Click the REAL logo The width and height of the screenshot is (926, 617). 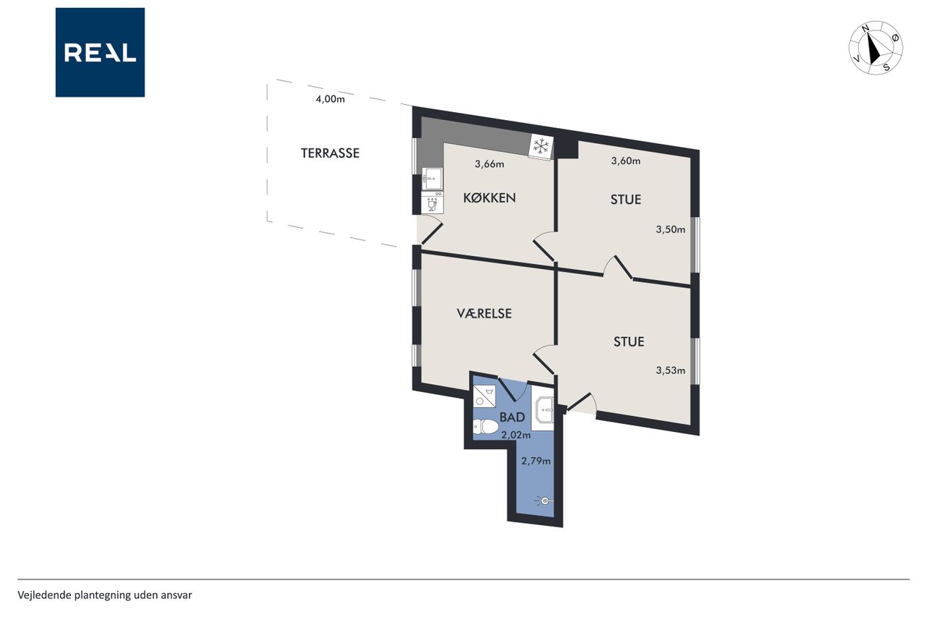click(x=100, y=53)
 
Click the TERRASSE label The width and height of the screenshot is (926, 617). click(x=330, y=153)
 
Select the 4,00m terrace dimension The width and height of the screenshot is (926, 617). click(x=330, y=99)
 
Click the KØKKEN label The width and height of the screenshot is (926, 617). click(x=490, y=198)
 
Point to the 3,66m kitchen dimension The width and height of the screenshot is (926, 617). click(x=490, y=164)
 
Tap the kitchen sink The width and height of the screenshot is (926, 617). click(x=432, y=179)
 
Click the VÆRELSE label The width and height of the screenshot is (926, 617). click(x=484, y=313)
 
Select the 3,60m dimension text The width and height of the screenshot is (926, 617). click(x=626, y=161)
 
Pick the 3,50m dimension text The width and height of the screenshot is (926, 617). click(x=671, y=229)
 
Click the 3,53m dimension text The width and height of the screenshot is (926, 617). click(x=671, y=370)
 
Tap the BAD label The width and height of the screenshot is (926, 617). click(x=512, y=417)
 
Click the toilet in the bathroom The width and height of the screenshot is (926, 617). click(x=485, y=427)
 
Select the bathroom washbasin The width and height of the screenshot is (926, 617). click(x=543, y=411)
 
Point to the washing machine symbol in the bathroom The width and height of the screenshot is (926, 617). click(x=485, y=396)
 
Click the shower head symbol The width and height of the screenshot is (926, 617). click(x=543, y=501)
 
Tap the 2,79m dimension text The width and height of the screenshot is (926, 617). click(x=536, y=461)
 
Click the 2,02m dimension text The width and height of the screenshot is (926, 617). click(x=516, y=435)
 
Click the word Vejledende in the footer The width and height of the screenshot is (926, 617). click(x=44, y=595)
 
